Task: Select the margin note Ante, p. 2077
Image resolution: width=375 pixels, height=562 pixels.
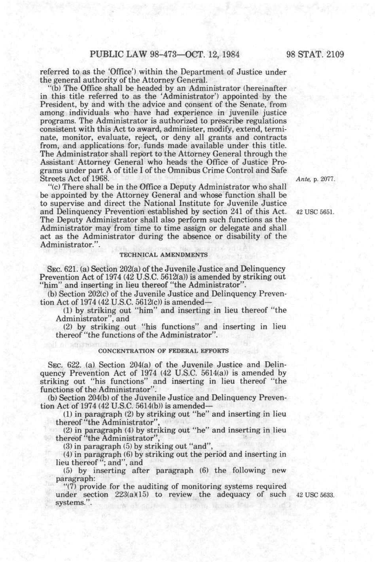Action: tap(315, 179)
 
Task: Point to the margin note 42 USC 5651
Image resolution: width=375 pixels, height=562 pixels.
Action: tap(315, 211)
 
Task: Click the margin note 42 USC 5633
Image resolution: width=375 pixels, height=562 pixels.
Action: tap(315, 495)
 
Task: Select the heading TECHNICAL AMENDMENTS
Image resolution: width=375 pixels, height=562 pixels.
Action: tap(163, 254)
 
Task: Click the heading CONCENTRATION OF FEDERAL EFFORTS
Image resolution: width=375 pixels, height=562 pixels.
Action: tap(163, 351)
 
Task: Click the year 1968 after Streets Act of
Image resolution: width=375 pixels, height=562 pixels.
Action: tap(99, 179)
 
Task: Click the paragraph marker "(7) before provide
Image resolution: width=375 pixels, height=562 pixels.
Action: tap(70, 486)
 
